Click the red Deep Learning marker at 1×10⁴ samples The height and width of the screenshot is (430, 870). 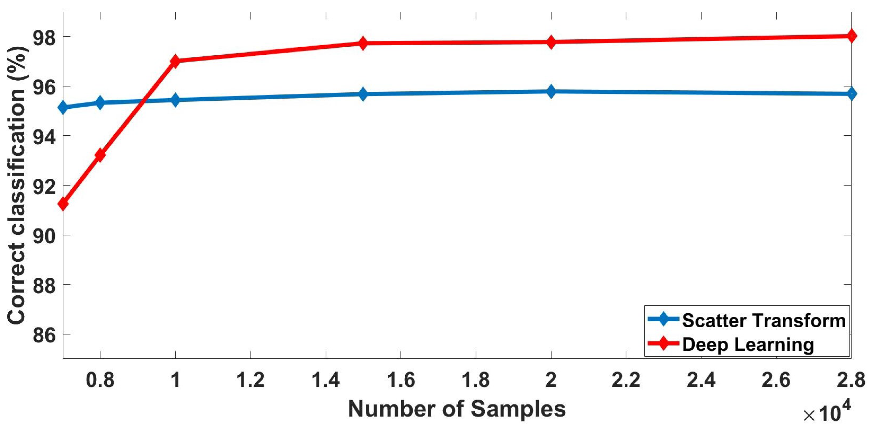click(175, 61)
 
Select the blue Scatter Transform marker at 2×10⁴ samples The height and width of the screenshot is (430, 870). click(551, 91)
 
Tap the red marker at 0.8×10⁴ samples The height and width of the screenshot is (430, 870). click(100, 155)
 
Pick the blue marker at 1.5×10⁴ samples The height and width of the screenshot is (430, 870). click(363, 94)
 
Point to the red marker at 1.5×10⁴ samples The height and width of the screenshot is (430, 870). click(363, 43)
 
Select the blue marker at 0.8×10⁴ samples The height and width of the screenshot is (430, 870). click(100, 102)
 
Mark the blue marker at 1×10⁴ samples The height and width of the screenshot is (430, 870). click(175, 100)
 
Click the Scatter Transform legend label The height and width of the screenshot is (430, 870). click(764, 320)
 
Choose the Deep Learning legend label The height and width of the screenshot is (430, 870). click(748, 344)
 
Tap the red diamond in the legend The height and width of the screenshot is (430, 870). click(664, 343)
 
